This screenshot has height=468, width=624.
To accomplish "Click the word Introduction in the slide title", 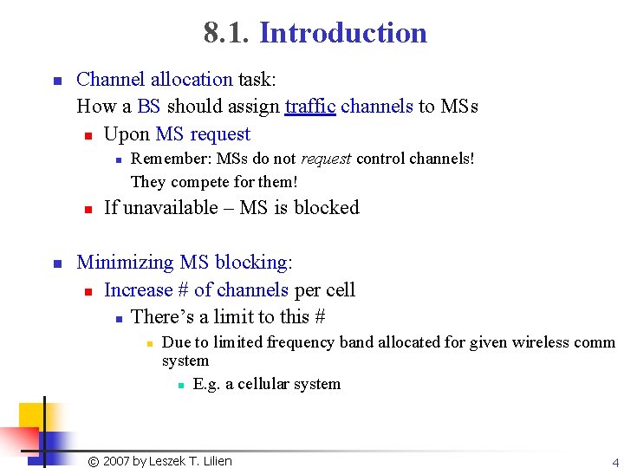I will point(343,33).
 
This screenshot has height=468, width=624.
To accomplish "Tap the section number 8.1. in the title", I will point(227,33).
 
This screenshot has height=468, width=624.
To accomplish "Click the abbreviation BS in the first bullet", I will point(149,107).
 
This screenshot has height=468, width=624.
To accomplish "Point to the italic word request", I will point(326,159).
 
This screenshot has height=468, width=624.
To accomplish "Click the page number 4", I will point(614,462).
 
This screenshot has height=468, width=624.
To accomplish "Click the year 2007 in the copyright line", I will point(116,461).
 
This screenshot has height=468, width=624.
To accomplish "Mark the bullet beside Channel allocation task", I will point(55,81).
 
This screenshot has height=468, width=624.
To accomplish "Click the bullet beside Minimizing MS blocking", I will point(55,263).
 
